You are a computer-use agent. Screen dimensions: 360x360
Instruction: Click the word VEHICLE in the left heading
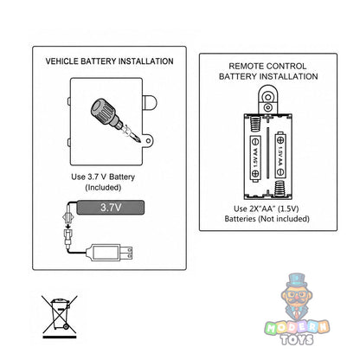click(62, 61)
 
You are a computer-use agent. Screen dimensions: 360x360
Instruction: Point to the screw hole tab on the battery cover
click(148, 141)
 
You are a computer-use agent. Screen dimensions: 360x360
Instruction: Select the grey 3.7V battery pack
click(111, 208)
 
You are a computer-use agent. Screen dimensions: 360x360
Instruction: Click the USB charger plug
click(110, 253)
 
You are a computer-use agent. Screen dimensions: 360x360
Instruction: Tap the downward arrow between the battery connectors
click(68, 223)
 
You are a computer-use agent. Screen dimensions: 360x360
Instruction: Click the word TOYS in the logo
click(297, 339)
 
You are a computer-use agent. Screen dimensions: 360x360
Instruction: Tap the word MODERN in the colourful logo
click(297, 327)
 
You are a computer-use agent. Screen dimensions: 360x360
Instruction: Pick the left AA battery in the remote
click(255, 158)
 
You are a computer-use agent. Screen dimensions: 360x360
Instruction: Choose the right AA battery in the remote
click(280, 155)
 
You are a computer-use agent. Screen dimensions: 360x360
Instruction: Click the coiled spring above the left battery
click(255, 124)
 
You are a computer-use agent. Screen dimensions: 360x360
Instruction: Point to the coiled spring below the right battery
click(280, 189)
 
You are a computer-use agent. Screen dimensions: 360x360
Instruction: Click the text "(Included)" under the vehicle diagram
click(103, 188)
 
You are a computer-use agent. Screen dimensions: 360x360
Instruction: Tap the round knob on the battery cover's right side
click(150, 102)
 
